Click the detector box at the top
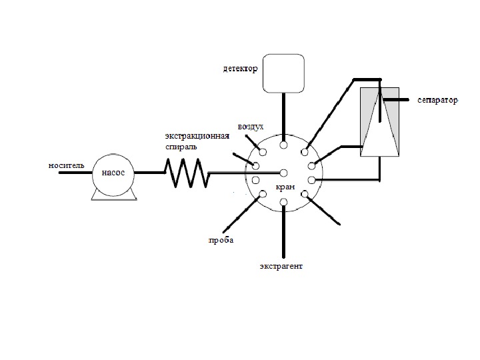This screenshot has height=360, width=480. [x=283, y=73]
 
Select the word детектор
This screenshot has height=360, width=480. [x=239, y=69]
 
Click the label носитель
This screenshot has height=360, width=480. [x=66, y=165]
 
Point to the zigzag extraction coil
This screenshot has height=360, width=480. [x=187, y=172]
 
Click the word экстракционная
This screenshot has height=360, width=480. [x=197, y=136]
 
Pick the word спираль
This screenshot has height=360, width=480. [x=181, y=145]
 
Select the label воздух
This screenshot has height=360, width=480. [x=251, y=127]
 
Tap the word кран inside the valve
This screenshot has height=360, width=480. [x=285, y=187]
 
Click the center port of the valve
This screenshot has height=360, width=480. [x=283, y=173]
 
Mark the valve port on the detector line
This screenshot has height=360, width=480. [x=284, y=144]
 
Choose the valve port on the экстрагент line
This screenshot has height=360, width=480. [x=284, y=202]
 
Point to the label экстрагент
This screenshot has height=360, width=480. [x=281, y=266]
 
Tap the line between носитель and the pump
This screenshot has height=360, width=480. [x=75, y=173]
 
